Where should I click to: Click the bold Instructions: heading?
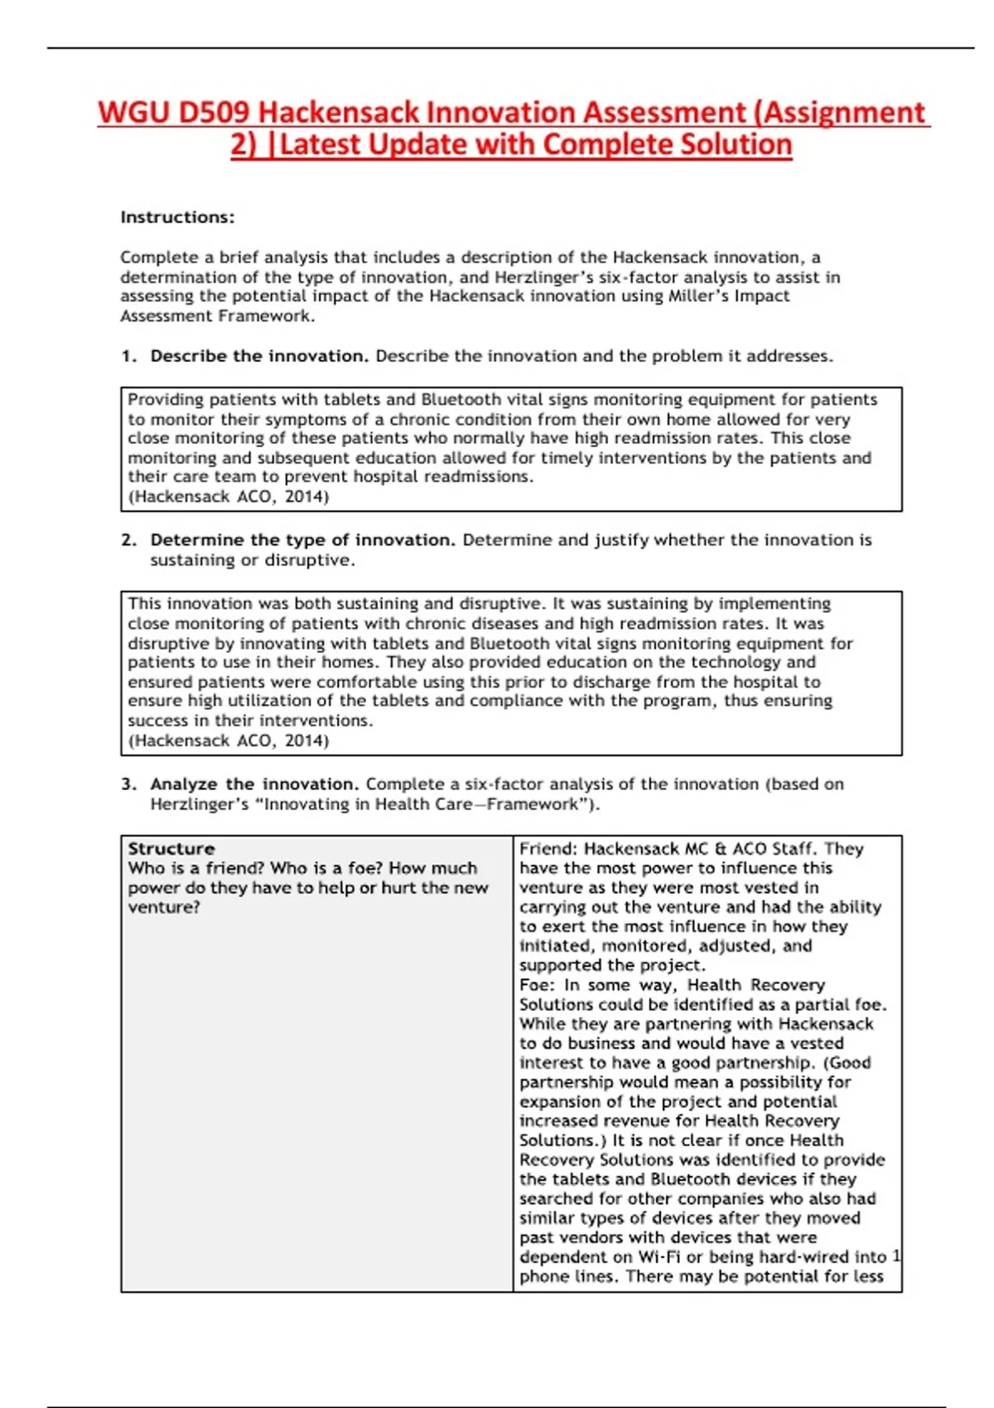(177, 217)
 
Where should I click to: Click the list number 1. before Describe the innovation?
(128, 356)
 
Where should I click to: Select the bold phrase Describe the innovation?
(259, 356)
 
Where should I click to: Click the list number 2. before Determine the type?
(128, 540)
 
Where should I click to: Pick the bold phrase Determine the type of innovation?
(302, 540)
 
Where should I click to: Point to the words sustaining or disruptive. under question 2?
(252, 560)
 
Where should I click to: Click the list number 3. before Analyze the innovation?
(128, 784)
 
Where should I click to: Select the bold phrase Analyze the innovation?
(254, 784)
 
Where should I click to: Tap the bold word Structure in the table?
(171, 849)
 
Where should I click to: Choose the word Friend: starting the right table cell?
(548, 849)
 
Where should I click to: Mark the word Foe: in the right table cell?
(537, 985)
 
